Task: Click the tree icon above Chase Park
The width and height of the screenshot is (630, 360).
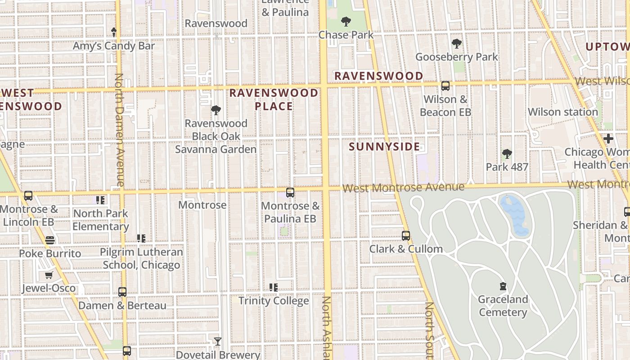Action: point(346,21)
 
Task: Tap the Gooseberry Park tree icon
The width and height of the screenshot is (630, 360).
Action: point(457,44)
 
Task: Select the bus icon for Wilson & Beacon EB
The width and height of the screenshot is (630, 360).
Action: point(445,85)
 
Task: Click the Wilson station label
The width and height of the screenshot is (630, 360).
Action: point(562,112)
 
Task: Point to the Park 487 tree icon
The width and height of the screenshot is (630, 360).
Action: point(507,154)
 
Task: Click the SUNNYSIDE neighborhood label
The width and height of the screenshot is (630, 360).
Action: point(384,147)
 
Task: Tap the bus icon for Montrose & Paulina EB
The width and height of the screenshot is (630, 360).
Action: point(290,193)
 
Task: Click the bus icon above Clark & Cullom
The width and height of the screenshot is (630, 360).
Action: point(406,236)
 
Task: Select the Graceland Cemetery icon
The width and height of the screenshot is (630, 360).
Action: point(503,286)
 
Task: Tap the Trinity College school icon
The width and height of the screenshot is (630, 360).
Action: point(273,287)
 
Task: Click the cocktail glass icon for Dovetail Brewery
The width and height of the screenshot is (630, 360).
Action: point(218,342)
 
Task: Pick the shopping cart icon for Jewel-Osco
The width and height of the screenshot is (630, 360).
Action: point(49,275)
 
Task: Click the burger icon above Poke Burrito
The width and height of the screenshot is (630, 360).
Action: point(50,240)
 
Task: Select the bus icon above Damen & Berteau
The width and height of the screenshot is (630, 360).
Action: point(122,292)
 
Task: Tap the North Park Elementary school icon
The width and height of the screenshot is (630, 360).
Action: point(100,200)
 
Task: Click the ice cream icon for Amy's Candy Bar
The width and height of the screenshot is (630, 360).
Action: point(114,32)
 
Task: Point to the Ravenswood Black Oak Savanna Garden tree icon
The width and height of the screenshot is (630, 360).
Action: point(216,110)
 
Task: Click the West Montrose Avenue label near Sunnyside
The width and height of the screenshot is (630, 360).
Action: point(403,187)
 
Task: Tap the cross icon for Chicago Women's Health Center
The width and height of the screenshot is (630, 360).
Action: point(608,139)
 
